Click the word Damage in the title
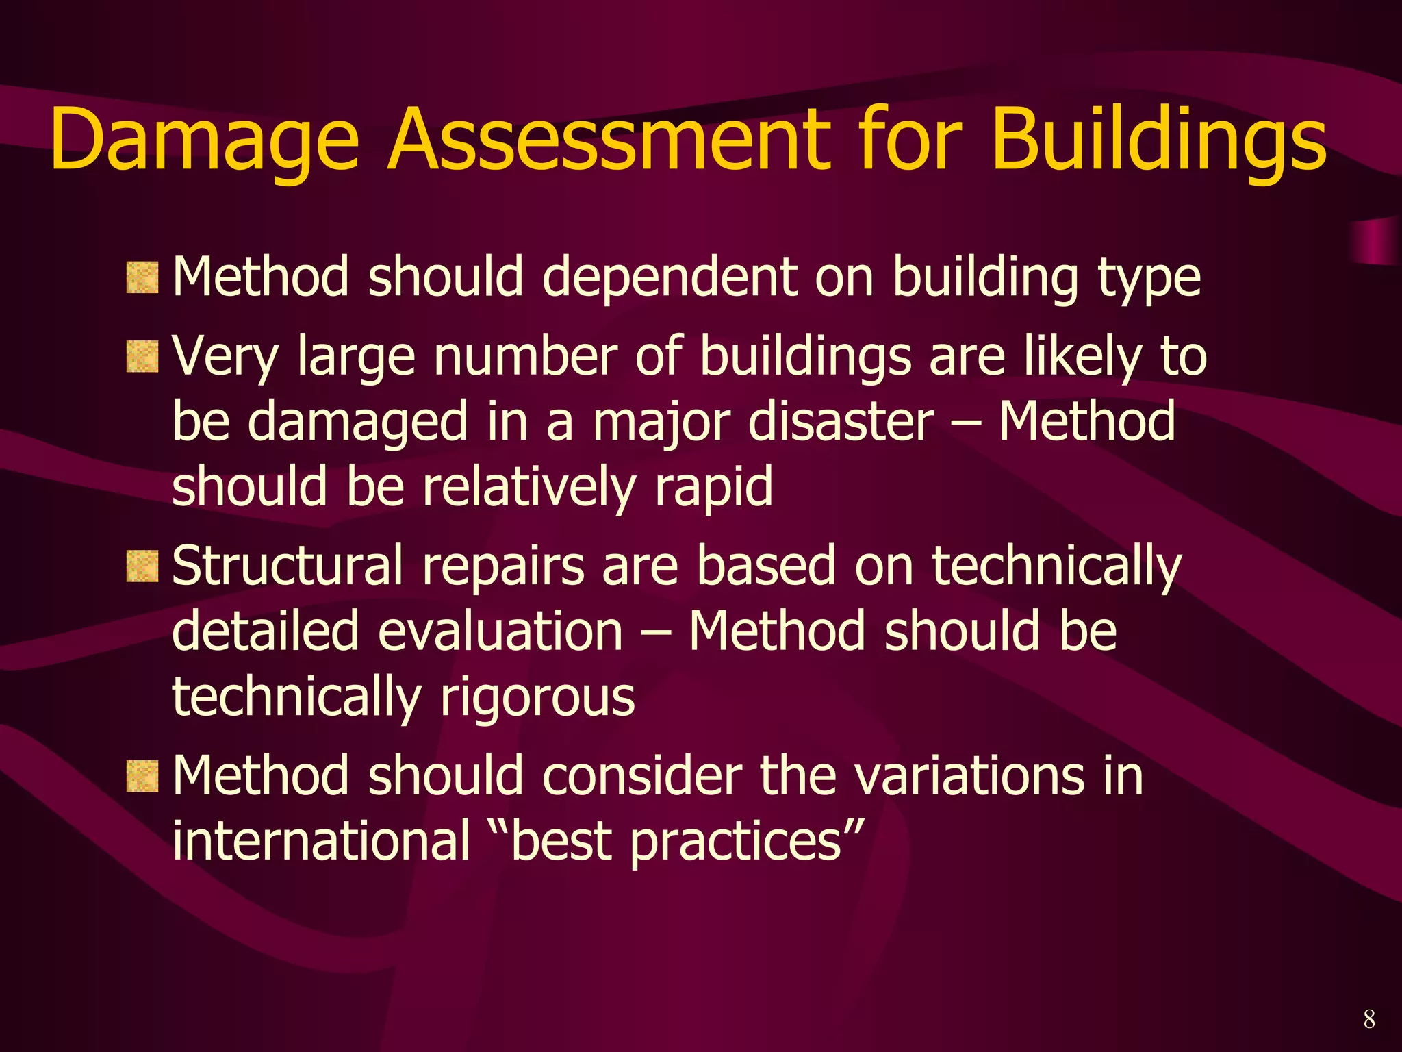tap(204, 140)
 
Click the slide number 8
tap(1368, 1019)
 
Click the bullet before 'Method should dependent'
tap(142, 277)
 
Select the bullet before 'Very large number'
tap(142, 357)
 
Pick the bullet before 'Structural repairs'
tap(142, 566)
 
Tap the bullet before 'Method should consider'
tap(142, 776)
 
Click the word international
tap(321, 841)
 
